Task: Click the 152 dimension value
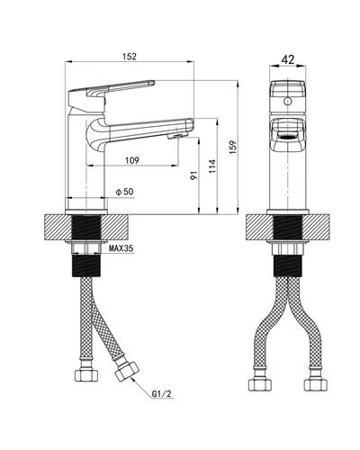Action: pyautogui.click(x=130, y=57)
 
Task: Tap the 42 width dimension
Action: pyautogui.click(x=288, y=59)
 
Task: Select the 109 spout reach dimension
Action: pyautogui.click(x=132, y=160)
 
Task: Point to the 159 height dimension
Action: pyautogui.click(x=233, y=148)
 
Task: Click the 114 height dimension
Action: pyautogui.click(x=212, y=166)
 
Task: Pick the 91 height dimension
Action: pyautogui.click(x=194, y=175)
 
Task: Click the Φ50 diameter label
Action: pyautogui.click(x=125, y=192)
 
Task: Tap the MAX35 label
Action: pyautogui.click(x=121, y=248)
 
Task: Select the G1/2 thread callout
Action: pyautogui.click(x=161, y=394)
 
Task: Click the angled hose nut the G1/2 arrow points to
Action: pyautogui.click(x=127, y=371)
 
